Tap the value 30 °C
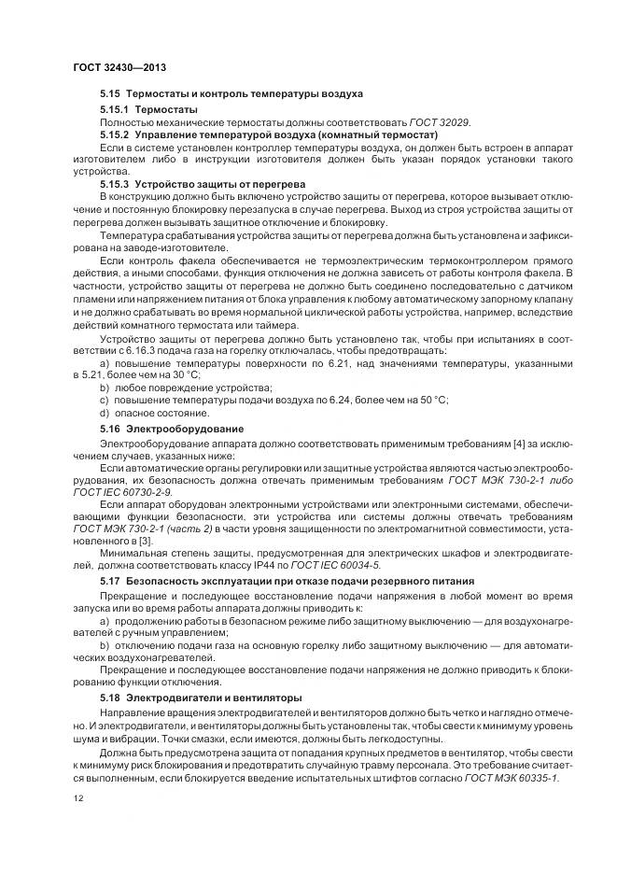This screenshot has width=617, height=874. point(137,374)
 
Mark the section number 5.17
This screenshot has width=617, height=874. point(111,581)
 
